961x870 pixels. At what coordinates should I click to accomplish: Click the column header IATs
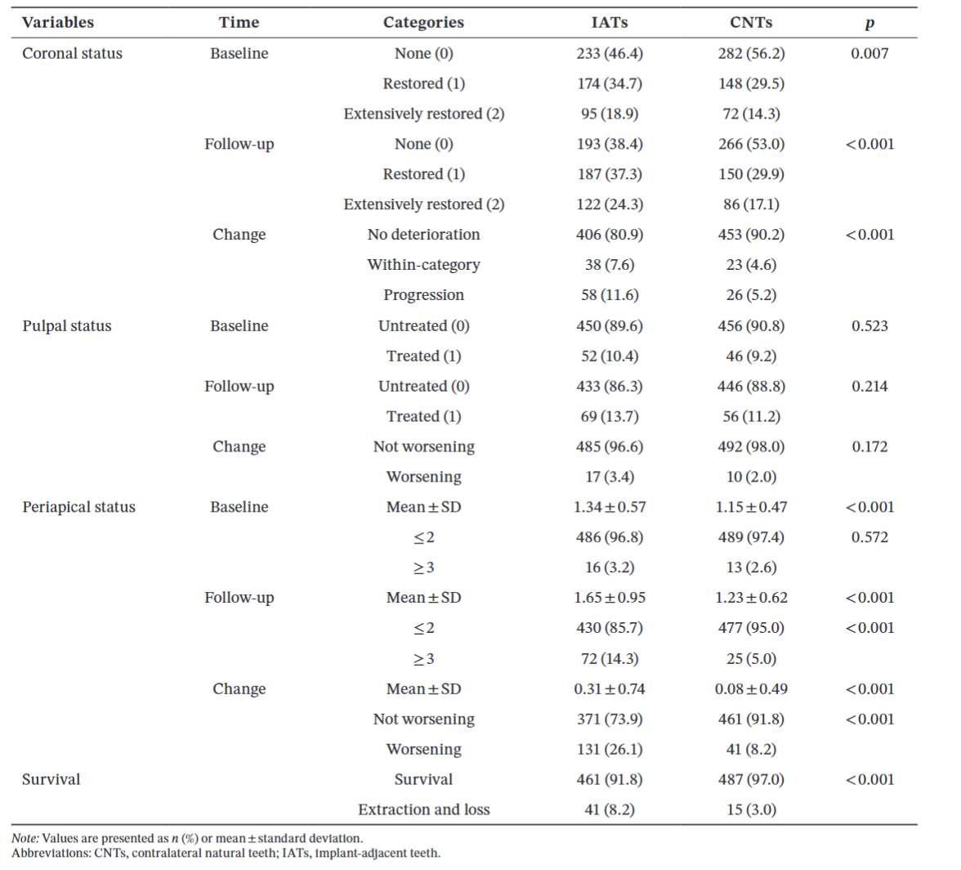point(610,23)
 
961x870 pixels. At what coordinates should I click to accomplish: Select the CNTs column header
point(751,23)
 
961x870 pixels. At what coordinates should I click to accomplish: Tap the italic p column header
point(869,24)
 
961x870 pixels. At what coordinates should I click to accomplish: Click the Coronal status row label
point(72,53)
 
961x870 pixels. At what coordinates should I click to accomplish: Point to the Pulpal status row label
point(67,325)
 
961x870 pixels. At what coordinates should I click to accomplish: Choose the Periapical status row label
point(78,507)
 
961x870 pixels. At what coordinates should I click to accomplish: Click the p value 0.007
point(869,53)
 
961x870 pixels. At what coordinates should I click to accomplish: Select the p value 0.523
point(869,325)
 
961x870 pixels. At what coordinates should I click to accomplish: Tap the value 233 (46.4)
point(610,53)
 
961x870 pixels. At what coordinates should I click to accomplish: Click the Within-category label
point(423,265)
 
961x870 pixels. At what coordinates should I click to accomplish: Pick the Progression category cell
point(423,295)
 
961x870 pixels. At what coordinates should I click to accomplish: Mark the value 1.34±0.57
point(610,507)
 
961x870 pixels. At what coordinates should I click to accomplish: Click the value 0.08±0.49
point(751,689)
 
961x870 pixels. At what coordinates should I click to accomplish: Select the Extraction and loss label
point(423,810)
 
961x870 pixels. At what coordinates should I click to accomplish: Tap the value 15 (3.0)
point(752,810)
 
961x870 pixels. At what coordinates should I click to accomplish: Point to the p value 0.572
point(869,537)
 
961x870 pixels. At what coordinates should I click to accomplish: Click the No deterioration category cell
point(423,235)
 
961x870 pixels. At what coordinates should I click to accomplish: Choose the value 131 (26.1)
point(610,749)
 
